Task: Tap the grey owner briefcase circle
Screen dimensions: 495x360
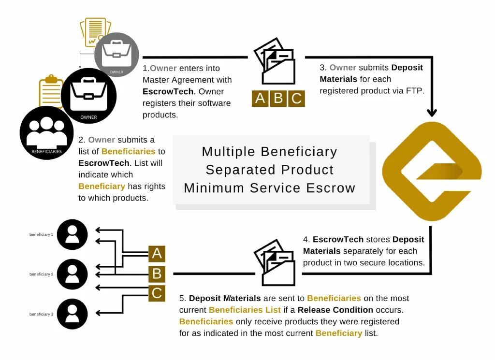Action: coord(116,55)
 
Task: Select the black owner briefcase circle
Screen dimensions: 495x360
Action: coord(89,96)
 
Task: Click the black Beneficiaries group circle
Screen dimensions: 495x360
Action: coord(47,133)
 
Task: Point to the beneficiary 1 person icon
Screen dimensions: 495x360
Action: coord(73,235)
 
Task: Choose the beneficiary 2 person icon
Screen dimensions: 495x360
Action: coord(73,274)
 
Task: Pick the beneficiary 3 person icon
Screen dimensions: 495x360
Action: coord(73,314)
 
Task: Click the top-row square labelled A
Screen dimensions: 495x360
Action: coord(260,98)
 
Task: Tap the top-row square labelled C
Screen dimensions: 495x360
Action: coord(296,98)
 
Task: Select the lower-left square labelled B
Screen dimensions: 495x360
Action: coord(157,274)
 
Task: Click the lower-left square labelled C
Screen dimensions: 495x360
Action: coord(157,293)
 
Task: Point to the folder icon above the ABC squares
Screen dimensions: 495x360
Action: coord(275,61)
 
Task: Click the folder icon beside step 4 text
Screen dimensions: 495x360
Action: coord(275,262)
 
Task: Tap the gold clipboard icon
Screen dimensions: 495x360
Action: coord(51,91)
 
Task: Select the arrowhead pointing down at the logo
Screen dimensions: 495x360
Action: coord(432,113)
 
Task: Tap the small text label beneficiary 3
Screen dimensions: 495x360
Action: coord(42,314)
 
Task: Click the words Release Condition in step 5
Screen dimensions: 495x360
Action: coord(335,310)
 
